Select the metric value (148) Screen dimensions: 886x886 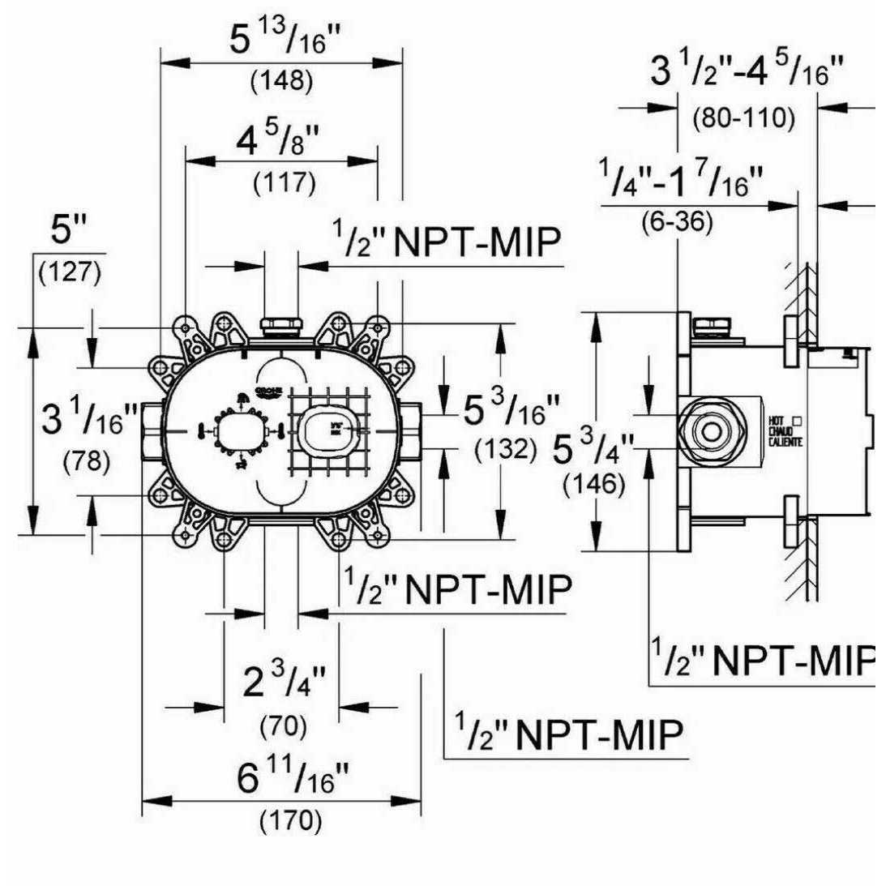click(281, 81)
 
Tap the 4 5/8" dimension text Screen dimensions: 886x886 click(280, 143)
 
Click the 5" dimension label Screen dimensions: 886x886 click(69, 231)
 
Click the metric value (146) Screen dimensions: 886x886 click(595, 485)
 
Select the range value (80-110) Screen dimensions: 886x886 click(743, 118)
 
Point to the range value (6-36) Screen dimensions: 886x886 click(687, 222)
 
